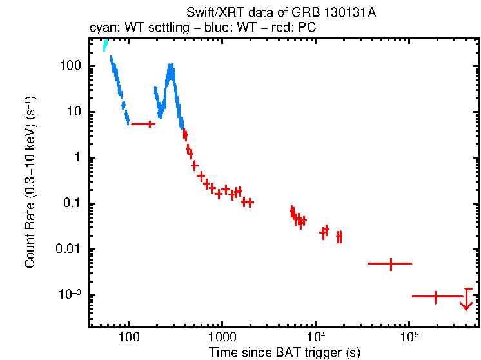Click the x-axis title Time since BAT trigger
pyautogui.click(x=284, y=352)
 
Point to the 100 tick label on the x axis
pyautogui.click(x=129, y=337)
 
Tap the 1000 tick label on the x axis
pyautogui.click(x=222, y=337)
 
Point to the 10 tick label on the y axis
pyautogui.click(x=74, y=112)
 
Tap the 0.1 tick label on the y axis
pyautogui.click(x=71, y=204)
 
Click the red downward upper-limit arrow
pyautogui.click(x=467, y=300)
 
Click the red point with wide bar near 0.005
pyautogui.click(x=390, y=264)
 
